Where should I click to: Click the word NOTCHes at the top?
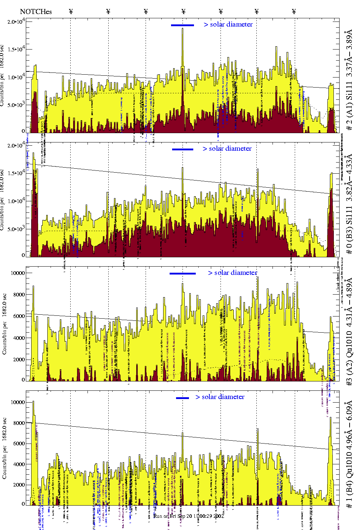coord(36,12)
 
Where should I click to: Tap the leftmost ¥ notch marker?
coord(71,11)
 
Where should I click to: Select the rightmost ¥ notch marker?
coord(294,11)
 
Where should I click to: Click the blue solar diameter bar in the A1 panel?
coord(182,25)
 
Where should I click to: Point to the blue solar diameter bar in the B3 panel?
coord(183,149)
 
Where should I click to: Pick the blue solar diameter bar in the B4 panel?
coord(182,398)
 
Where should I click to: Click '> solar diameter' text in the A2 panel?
coord(232,273)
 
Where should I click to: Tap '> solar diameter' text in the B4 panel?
coord(220,397)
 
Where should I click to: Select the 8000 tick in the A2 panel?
coord(18,295)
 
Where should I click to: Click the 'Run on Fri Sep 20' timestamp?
coord(189,516)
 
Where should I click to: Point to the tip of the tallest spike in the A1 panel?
coord(183,29)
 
